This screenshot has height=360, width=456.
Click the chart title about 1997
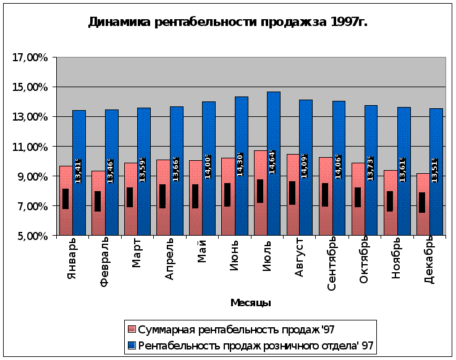tap(227, 23)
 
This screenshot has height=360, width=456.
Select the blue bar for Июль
tap(274, 124)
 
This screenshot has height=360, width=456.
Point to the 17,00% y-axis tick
tap(30, 58)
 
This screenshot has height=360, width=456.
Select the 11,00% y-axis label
tap(30, 147)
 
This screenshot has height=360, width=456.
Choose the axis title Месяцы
tap(250, 302)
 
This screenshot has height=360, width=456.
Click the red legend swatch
tap(131, 329)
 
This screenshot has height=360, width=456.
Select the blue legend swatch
tap(131, 345)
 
